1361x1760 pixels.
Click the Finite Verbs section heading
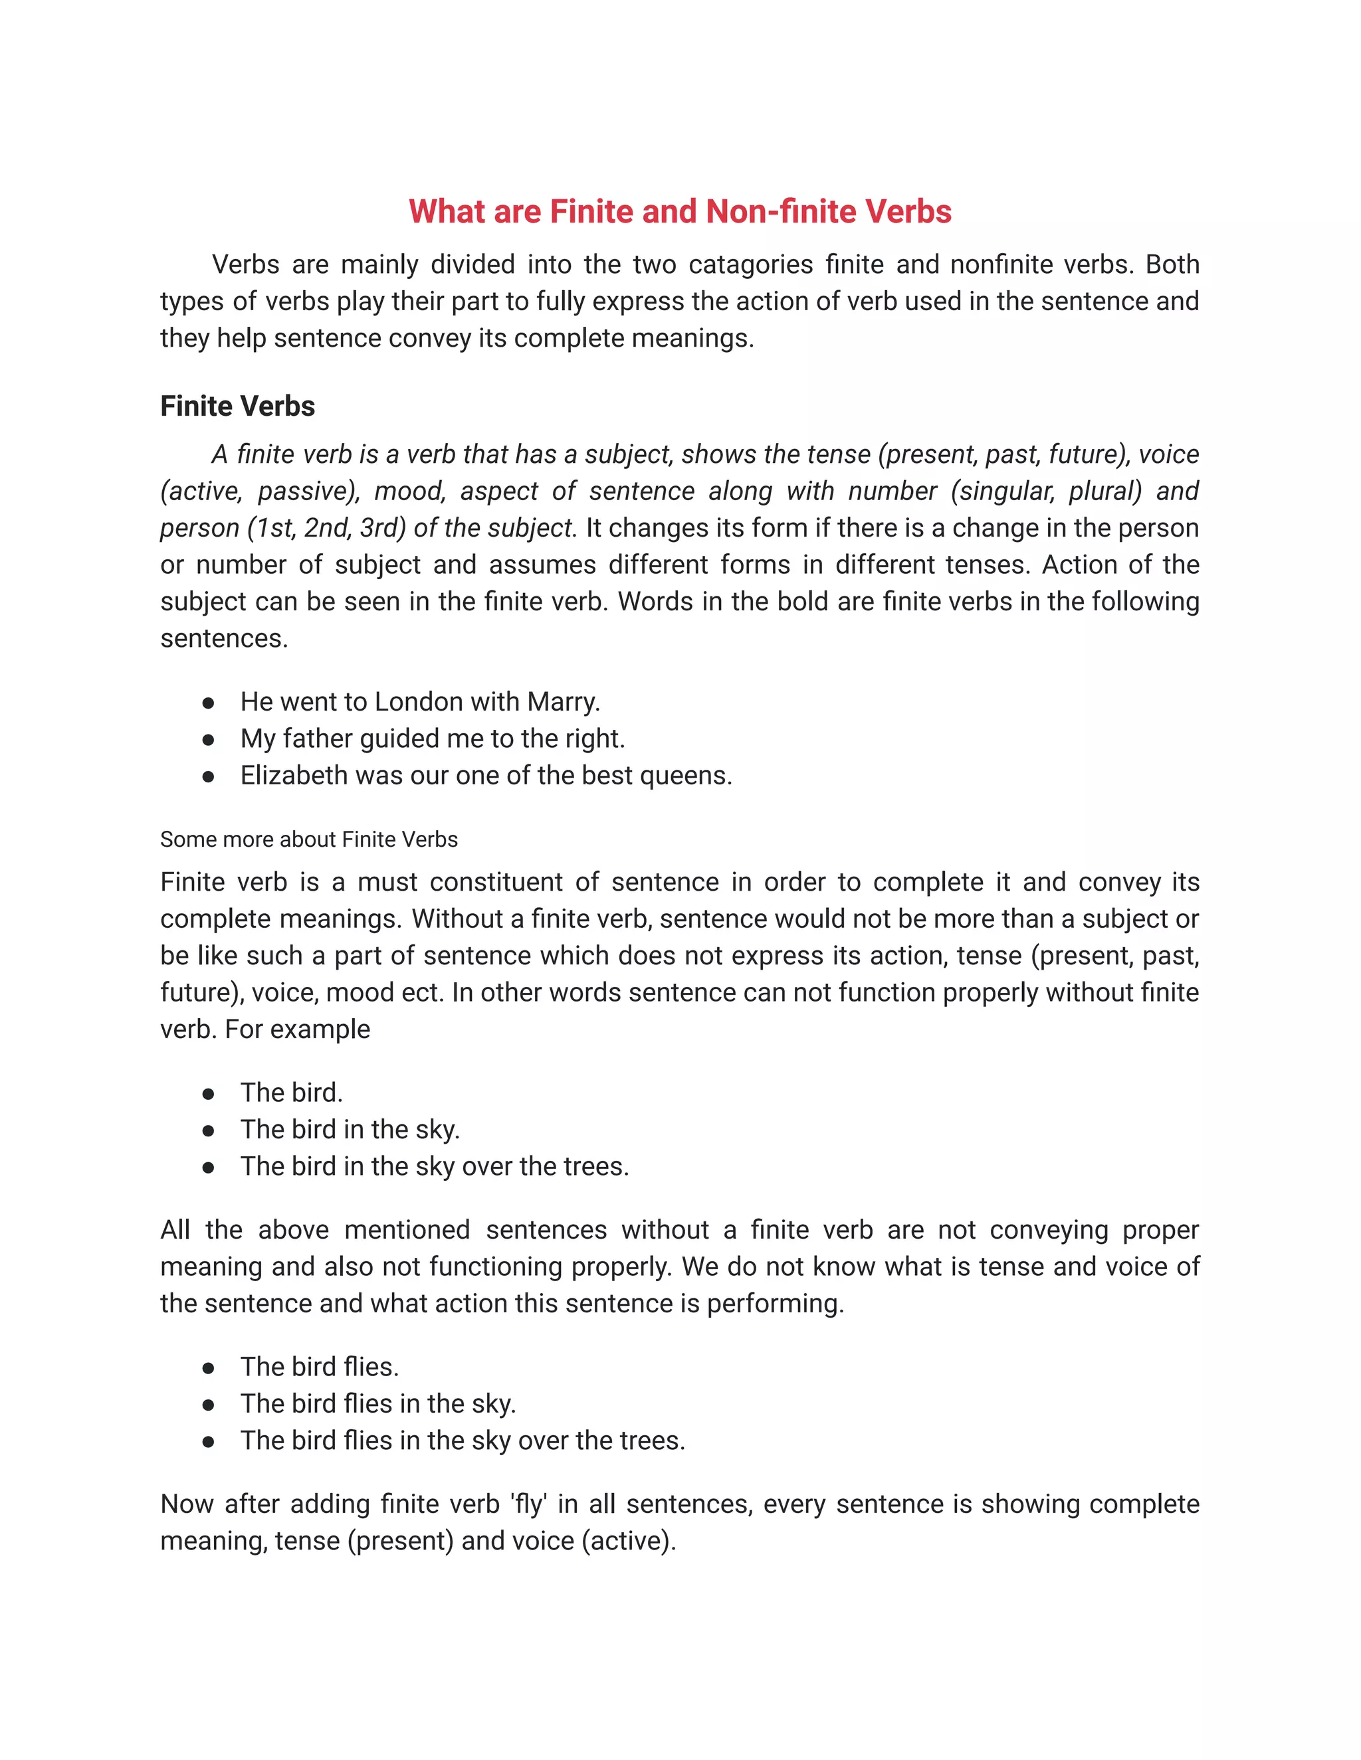(x=237, y=406)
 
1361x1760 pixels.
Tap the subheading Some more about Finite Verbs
(x=309, y=839)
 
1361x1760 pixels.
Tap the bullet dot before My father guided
(x=208, y=739)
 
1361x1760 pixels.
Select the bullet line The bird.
(x=291, y=1093)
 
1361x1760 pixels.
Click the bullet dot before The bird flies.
(x=208, y=1367)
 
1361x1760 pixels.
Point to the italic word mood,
(x=405, y=491)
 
